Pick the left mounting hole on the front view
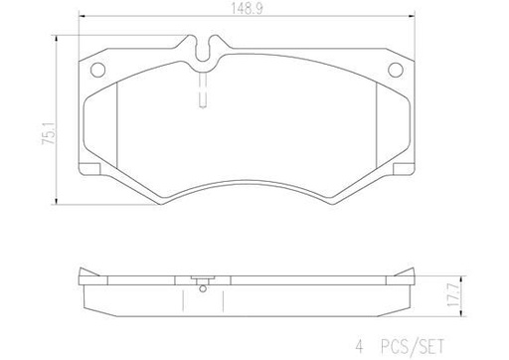(98, 70)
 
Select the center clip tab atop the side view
(203, 277)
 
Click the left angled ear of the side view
(86, 276)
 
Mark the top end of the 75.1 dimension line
(50, 38)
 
